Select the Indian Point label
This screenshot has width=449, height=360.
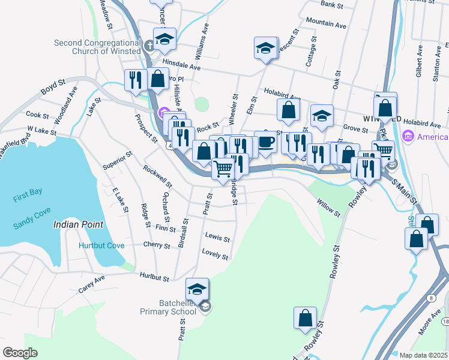pos(78,224)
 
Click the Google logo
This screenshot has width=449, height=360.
pos(20,353)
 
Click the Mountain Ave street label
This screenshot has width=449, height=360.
pos(326,25)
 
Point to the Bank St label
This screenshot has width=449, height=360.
pos(331,4)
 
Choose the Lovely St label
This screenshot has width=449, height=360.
pos(215,254)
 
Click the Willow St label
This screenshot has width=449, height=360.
pos(329,209)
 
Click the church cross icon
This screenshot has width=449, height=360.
pos(150,44)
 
